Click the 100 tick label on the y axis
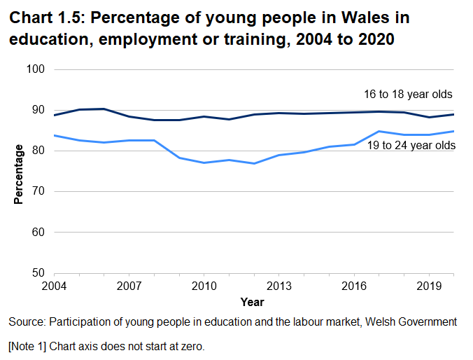point(36,70)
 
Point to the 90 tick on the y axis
point(38,111)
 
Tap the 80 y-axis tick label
point(38,151)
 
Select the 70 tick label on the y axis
point(38,192)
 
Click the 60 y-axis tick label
point(38,233)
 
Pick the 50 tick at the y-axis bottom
point(38,273)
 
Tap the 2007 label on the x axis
point(129,286)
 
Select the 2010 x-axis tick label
point(204,286)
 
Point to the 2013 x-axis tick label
point(278,286)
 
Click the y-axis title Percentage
point(19,174)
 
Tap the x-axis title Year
point(252,302)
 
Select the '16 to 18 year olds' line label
point(408,95)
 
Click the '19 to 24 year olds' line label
point(411,145)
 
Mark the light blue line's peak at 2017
point(379,131)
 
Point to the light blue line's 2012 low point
point(254,163)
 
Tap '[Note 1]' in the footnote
point(29,346)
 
